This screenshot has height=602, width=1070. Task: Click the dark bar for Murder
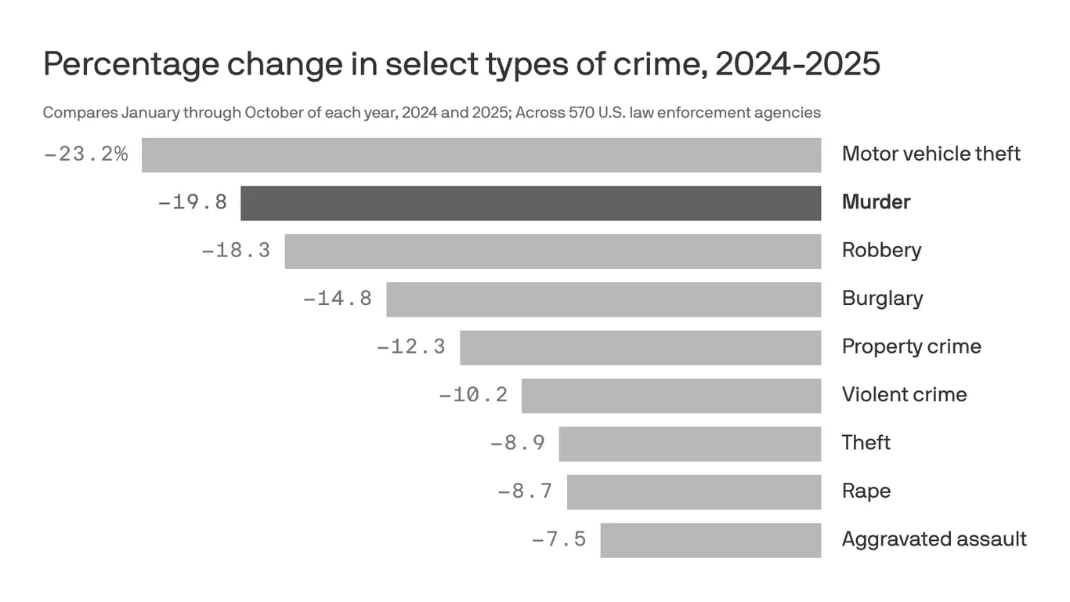(530, 203)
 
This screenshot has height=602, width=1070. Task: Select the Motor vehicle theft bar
(481, 154)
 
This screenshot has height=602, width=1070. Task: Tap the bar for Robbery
(552, 251)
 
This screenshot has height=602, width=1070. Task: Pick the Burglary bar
(603, 299)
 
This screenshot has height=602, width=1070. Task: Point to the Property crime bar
(640, 347)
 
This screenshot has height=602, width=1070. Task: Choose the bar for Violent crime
(671, 396)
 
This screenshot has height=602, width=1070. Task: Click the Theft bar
(689, 444)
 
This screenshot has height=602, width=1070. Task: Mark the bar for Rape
(693, 492)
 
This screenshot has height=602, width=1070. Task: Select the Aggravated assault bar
(710, 540)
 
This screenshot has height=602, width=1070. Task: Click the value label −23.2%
(86, 154)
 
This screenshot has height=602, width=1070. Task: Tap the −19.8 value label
(193, 203)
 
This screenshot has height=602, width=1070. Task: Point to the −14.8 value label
(338, 299)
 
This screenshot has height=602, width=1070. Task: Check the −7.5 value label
(558, 540)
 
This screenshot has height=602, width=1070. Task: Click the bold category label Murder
(876, 202)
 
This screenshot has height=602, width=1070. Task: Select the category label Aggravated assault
(934, 539)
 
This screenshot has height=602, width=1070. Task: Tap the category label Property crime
(911, 346)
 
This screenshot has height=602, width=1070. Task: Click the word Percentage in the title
(128, 64)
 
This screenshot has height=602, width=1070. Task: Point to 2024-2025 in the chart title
(797, 64)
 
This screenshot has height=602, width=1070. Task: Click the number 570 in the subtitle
(581, 112)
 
